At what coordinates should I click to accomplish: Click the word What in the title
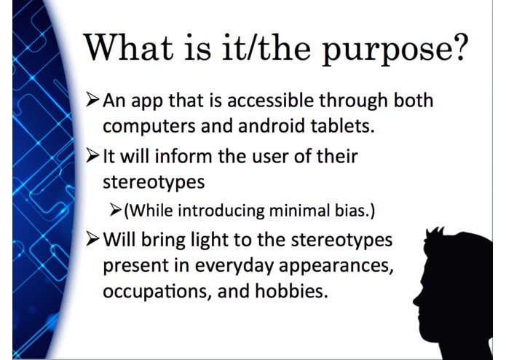point(128,47)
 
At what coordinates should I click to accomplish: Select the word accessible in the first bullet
point(270,100)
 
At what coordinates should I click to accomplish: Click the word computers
point(149,126)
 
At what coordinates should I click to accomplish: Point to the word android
point(272,125)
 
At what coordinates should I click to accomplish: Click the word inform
point(183,156)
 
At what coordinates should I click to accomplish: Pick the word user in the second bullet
point(270,157)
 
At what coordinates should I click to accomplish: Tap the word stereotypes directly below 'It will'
point(154,182)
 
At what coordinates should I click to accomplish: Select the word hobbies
point(291,291)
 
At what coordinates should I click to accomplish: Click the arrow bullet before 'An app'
point(92,100)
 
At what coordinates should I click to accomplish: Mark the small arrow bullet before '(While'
point(115,210)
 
